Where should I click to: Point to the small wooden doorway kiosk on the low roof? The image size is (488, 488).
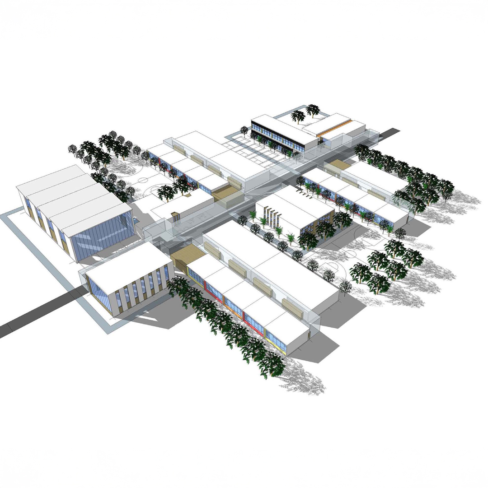(175, 216)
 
